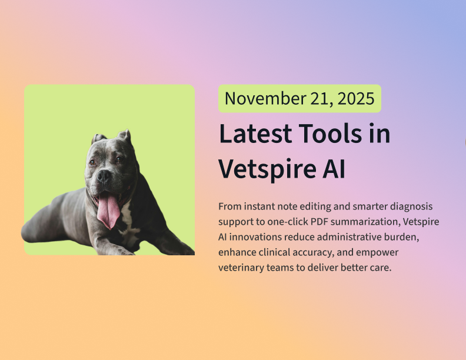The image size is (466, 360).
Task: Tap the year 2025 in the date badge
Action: tap(357, 99)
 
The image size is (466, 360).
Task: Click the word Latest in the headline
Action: tap(254, 134)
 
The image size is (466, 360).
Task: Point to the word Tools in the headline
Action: tap(325, 134)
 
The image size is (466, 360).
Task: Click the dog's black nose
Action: tap(104, 175)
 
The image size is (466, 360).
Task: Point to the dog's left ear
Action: tap(124, 138)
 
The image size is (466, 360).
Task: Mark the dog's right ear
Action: tap(97, 139)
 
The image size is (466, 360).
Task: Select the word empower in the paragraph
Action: tap(378, 252)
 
